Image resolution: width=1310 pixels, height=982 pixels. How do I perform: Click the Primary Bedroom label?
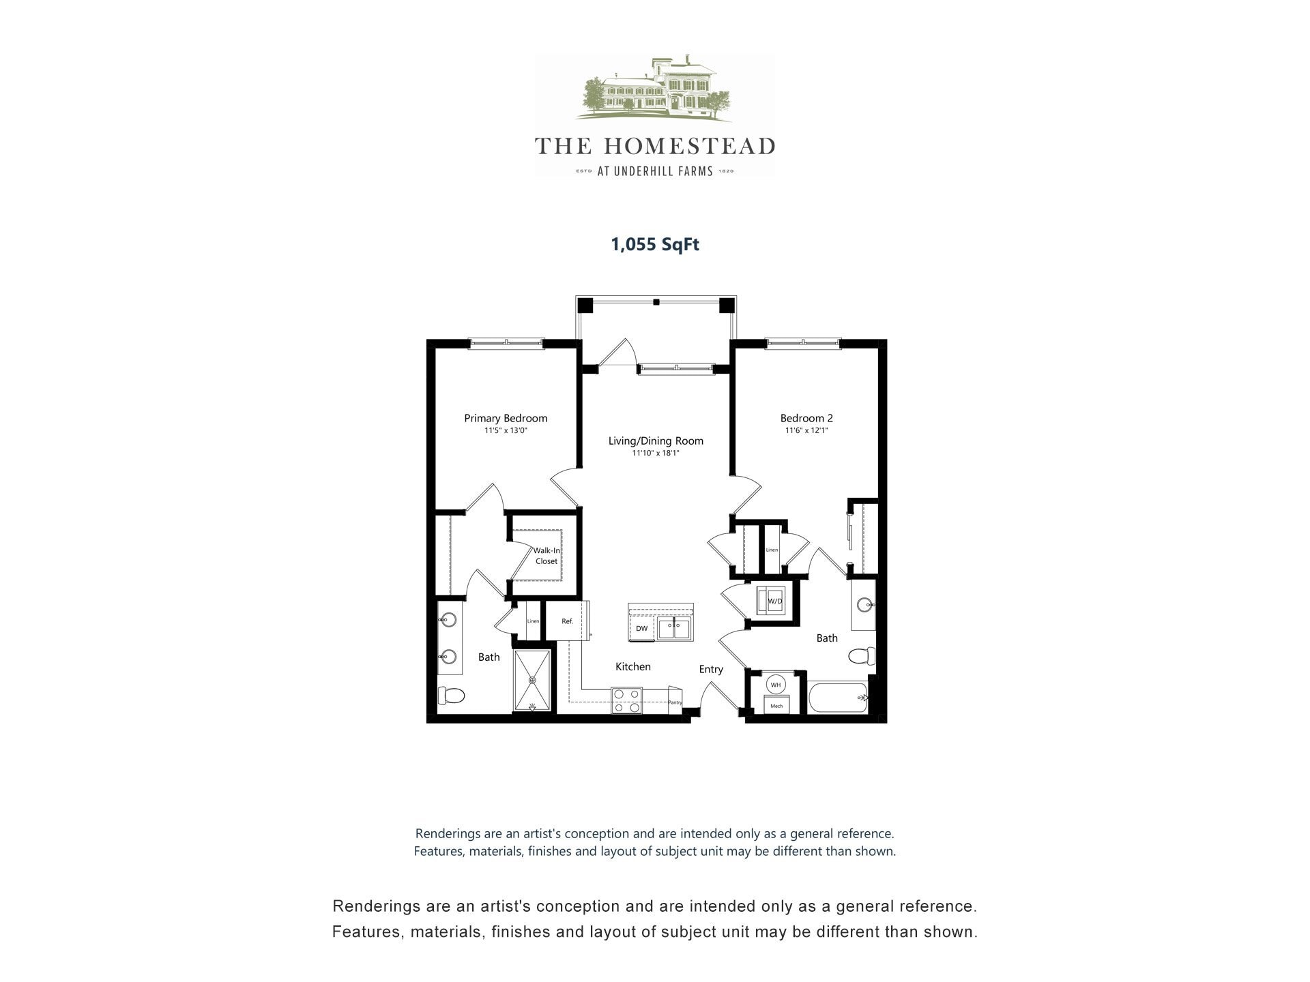pos(506,418)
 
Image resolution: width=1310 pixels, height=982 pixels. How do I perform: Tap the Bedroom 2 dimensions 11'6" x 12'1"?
pos(806,431)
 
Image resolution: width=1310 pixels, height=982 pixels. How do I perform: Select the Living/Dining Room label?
pos(656,441)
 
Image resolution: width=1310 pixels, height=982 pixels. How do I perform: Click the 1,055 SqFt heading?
pos(655,244)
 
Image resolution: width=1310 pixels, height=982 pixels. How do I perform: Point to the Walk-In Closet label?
pos(547,556)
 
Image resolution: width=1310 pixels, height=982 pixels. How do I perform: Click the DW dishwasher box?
pos(641,629)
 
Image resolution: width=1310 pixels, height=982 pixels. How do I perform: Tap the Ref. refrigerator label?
pos(567,621)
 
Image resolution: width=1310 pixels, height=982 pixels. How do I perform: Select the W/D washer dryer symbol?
pos(774,601)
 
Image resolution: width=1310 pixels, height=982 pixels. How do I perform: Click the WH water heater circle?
pos(776,685)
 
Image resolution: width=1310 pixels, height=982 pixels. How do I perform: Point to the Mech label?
pos(776,706)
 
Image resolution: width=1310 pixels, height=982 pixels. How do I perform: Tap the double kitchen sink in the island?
pos(674,629)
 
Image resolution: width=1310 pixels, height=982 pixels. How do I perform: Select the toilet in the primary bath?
pos(451,696)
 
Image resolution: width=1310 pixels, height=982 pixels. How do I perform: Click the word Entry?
pos(711,669)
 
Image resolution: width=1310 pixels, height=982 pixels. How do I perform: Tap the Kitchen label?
pos(633,666)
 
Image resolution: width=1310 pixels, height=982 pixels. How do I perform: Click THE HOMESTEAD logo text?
pos(655,146)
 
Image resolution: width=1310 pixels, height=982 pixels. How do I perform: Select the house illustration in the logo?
pos(655,89)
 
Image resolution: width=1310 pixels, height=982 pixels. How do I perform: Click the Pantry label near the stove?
pos(675,702)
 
